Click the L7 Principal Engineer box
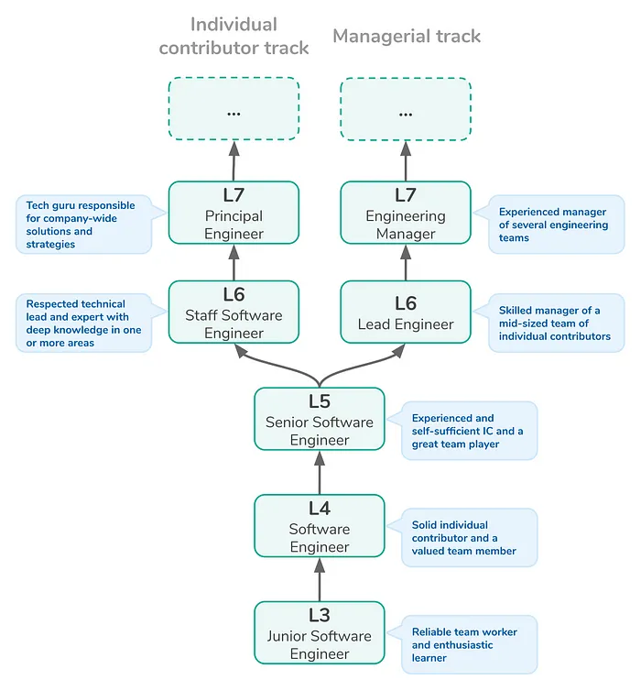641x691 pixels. [x=234, y=213]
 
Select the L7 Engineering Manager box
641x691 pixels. [x=406, y=213]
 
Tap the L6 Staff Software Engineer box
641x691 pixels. [x=234, y=312]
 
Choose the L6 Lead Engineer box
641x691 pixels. [x=406, y=312]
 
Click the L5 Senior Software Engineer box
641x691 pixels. [x=320, y=419]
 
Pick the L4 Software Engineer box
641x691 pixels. [x=320, y=526]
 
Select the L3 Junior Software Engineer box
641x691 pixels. [x=320, y=633]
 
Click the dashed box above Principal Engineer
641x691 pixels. [x=234, y=109]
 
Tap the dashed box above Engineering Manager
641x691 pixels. [x=406, y=109]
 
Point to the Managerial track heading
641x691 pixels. [x=407, y=36]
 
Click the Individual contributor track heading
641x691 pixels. [x=234, y=36]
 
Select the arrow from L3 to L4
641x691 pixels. [x=320, y=579]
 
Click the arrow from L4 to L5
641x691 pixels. [x=320, y=472]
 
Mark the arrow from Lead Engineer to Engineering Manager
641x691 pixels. [x=406, y=263]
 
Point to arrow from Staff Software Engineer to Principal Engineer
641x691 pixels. [x=234, y=263]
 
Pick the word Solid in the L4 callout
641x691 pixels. [x=424, y=525]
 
